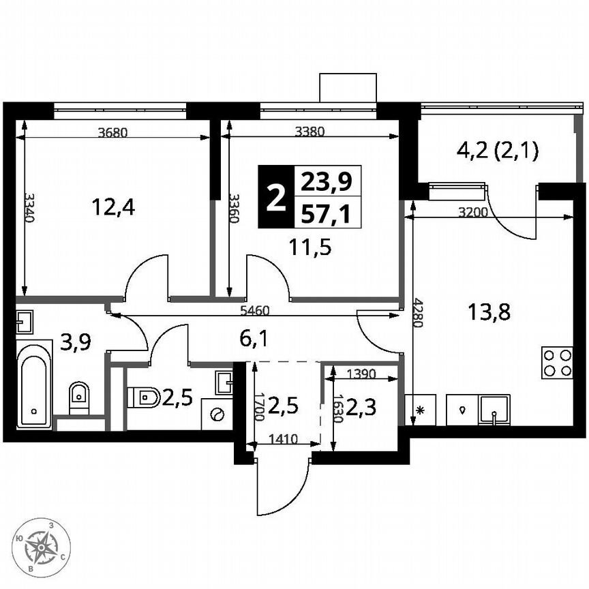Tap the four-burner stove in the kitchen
tap(557, 363)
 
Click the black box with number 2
tap(275, 198)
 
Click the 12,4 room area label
tap(114, 205)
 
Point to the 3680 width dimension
tap(112, 133)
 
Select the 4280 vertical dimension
tap(418, 314)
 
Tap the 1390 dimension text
tap(360, 373)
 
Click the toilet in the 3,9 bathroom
tap(79, 395)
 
